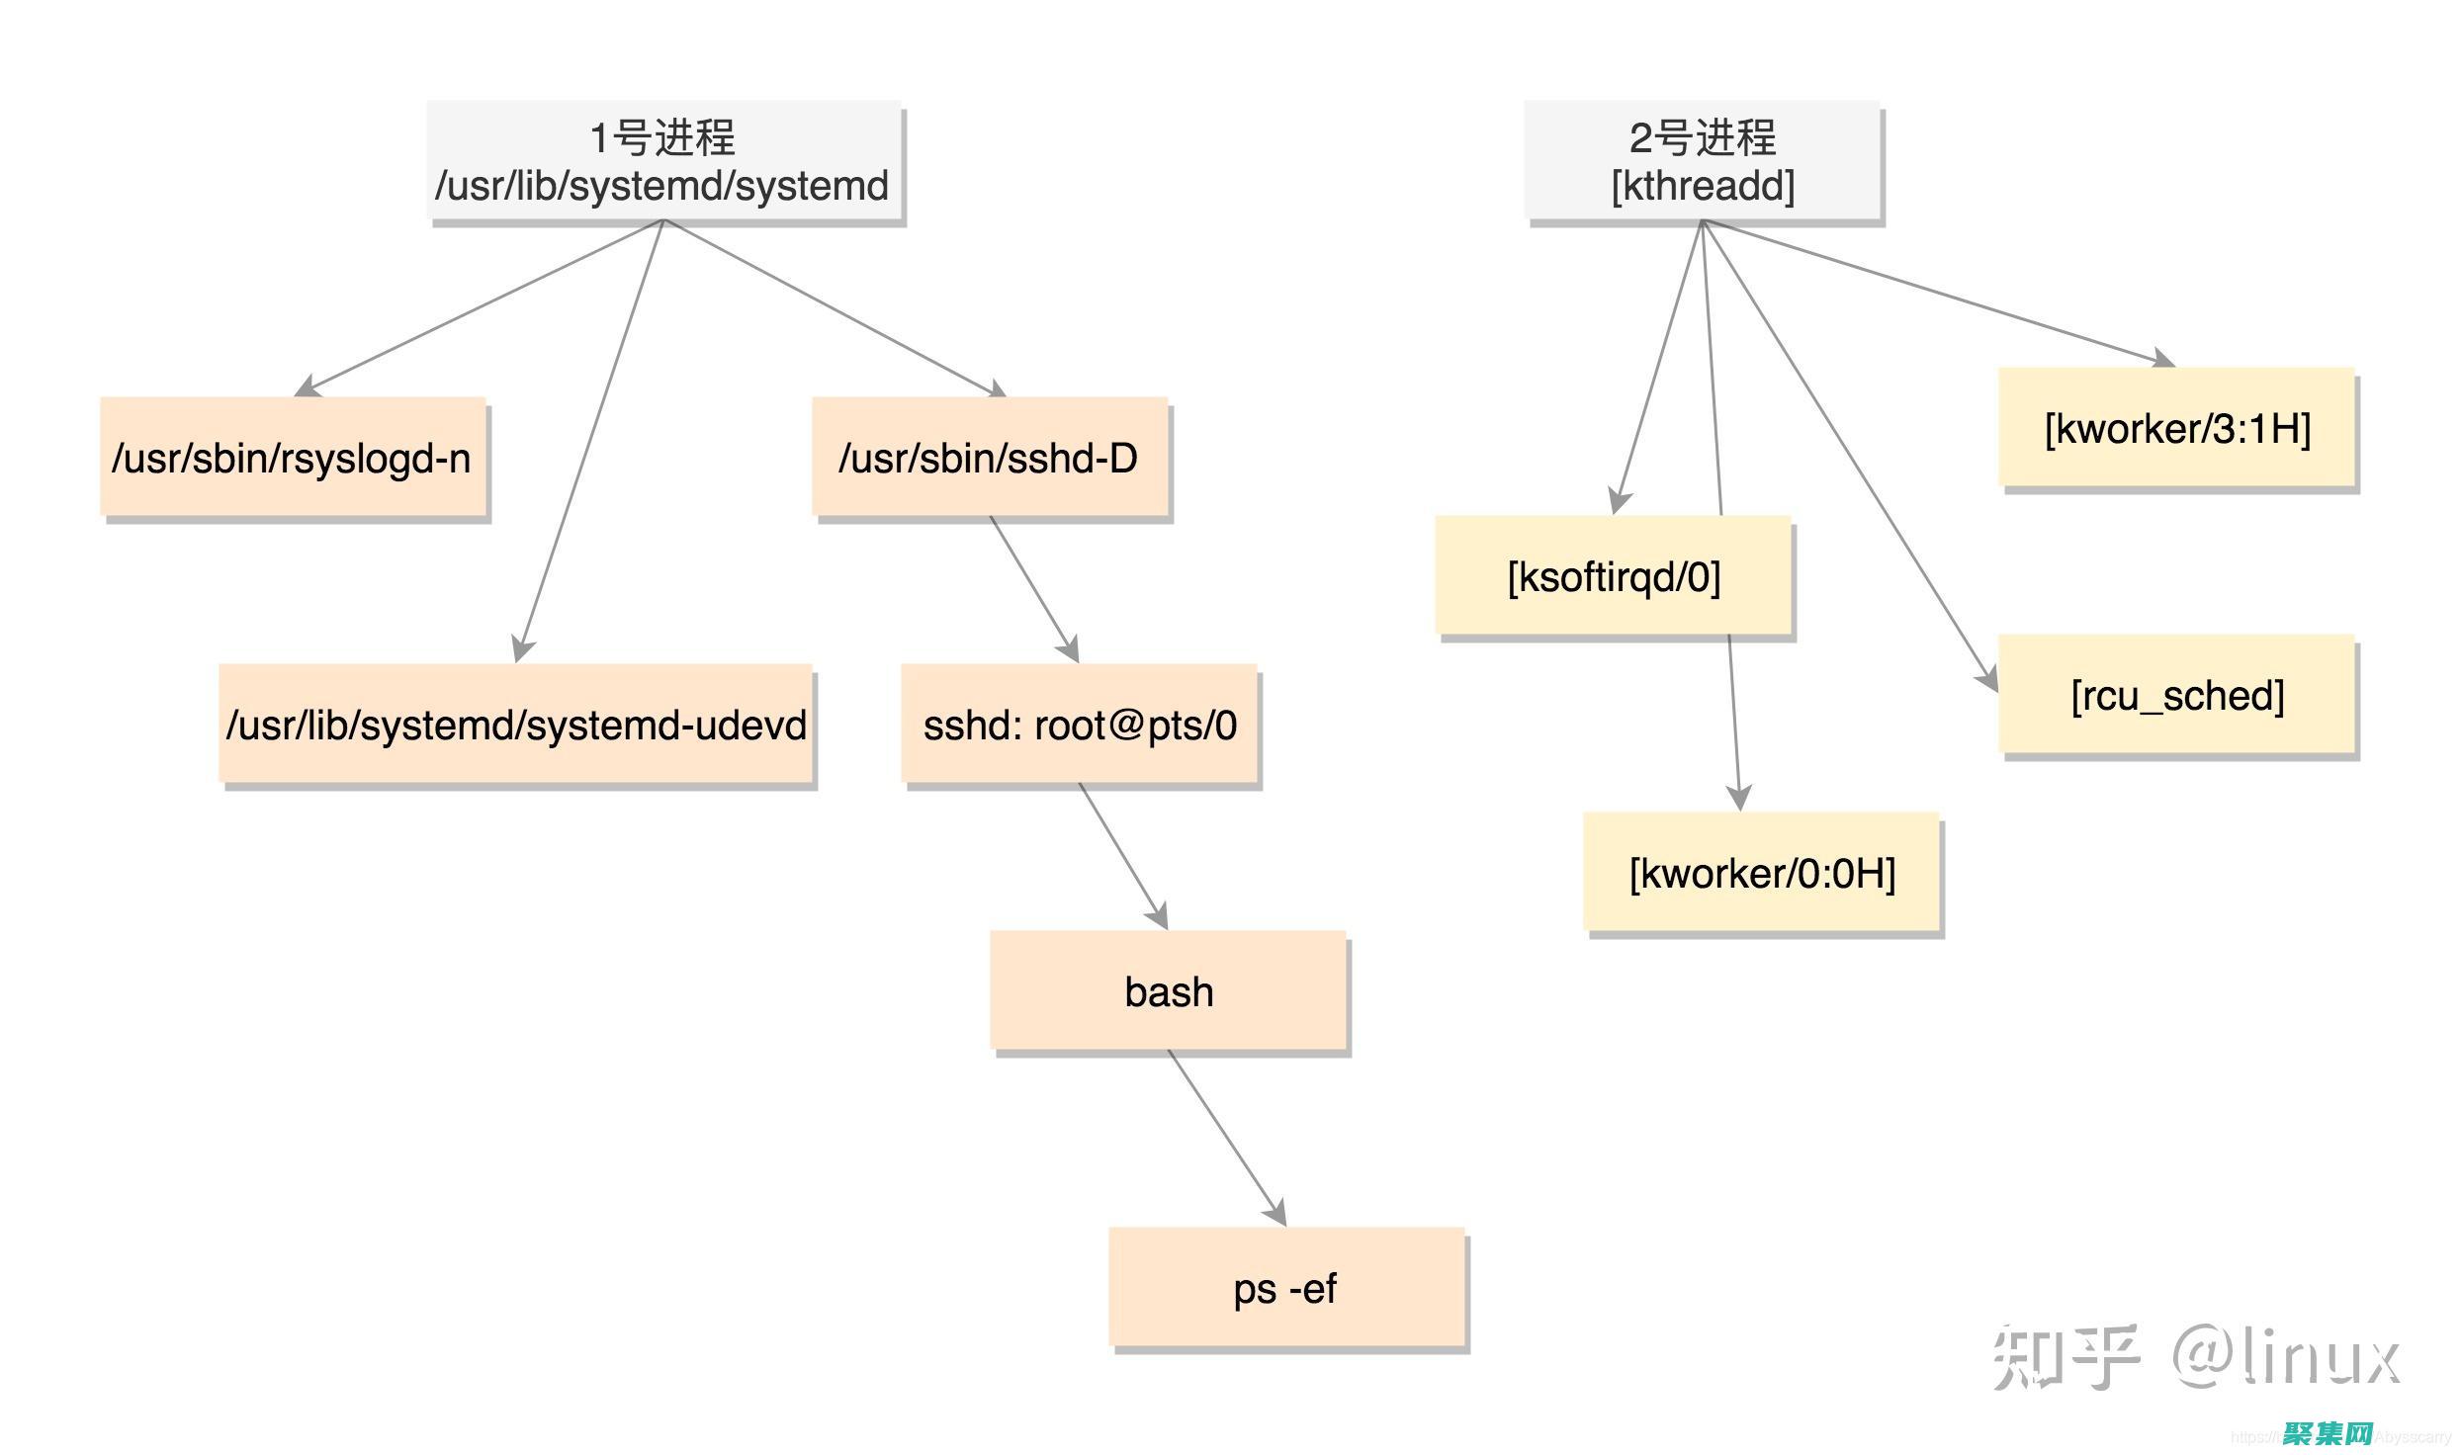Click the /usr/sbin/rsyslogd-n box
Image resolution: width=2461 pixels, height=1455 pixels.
coord(293,458)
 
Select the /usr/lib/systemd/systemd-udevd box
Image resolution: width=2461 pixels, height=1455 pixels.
coord(515,725)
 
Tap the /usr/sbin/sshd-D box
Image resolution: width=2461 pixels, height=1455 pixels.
coord(989,458)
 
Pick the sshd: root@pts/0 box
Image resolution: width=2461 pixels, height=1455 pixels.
coord(1079,725)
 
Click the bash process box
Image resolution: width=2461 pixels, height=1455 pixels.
coord(1168,991)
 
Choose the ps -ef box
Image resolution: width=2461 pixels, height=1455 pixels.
coord(1285,1288)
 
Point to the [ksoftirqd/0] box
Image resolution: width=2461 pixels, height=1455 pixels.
coord(1613,576)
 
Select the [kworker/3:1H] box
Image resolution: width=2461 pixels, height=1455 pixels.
coord(2176,428)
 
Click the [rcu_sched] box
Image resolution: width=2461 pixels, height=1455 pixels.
coord(2176,695)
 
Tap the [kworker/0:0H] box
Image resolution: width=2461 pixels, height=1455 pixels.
coord(1761,873)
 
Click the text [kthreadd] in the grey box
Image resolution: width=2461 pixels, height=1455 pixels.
coord(1703,186)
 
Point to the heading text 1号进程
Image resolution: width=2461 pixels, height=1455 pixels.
coord(662,137)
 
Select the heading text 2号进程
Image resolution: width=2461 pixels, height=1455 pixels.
coord(1703,137)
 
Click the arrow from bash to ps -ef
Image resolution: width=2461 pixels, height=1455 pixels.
coord(1226,1137)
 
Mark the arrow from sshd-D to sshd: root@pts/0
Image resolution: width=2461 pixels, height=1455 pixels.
coord(1033,589)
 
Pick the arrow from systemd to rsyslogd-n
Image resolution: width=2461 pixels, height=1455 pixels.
coord(484,305)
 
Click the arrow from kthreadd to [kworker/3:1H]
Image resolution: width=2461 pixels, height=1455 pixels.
coord(1938,292)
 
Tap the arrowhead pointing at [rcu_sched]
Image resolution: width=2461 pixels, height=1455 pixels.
coord(1987,680)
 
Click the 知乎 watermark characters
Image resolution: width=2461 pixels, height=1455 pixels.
coord(2065,1357)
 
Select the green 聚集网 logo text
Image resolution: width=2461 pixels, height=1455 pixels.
coord(2328,1434)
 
